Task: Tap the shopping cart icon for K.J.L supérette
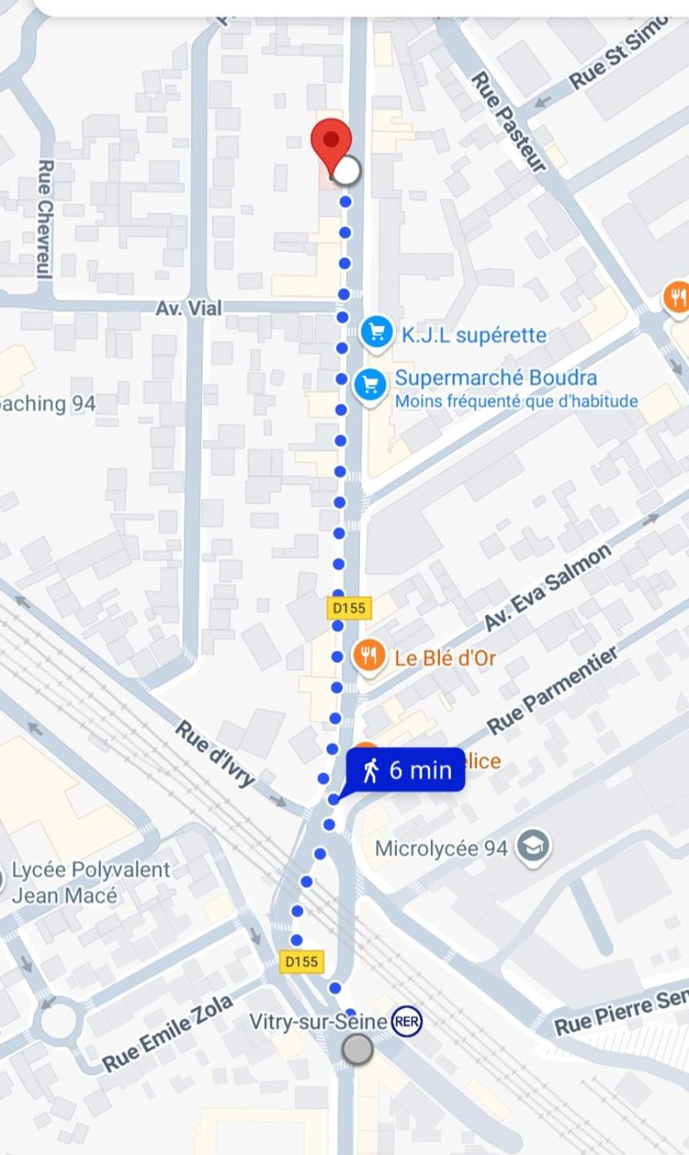coord(376,332)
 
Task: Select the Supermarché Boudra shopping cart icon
coord(370,385)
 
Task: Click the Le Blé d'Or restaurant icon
coord(369,656)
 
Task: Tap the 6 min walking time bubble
coord(406,770)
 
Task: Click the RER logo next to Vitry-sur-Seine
coord(406,1022)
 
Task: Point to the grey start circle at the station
coord(357,1049)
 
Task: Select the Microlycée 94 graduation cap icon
coord(533,846)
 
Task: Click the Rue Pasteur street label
coord(508,122)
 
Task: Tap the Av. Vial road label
coord(189,309)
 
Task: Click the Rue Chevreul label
coord(45,219)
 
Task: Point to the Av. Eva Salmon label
coord(547,588)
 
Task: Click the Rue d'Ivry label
coord(215,753)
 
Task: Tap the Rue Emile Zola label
coord(167,1033)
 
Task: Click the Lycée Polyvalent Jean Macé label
coord(90,882)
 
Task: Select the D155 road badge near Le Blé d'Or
coord(349,608)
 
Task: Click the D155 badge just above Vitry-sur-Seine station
coord(301,961)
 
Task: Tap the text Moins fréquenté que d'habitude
coord(516,402)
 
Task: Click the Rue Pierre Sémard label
coord(620,1012)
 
